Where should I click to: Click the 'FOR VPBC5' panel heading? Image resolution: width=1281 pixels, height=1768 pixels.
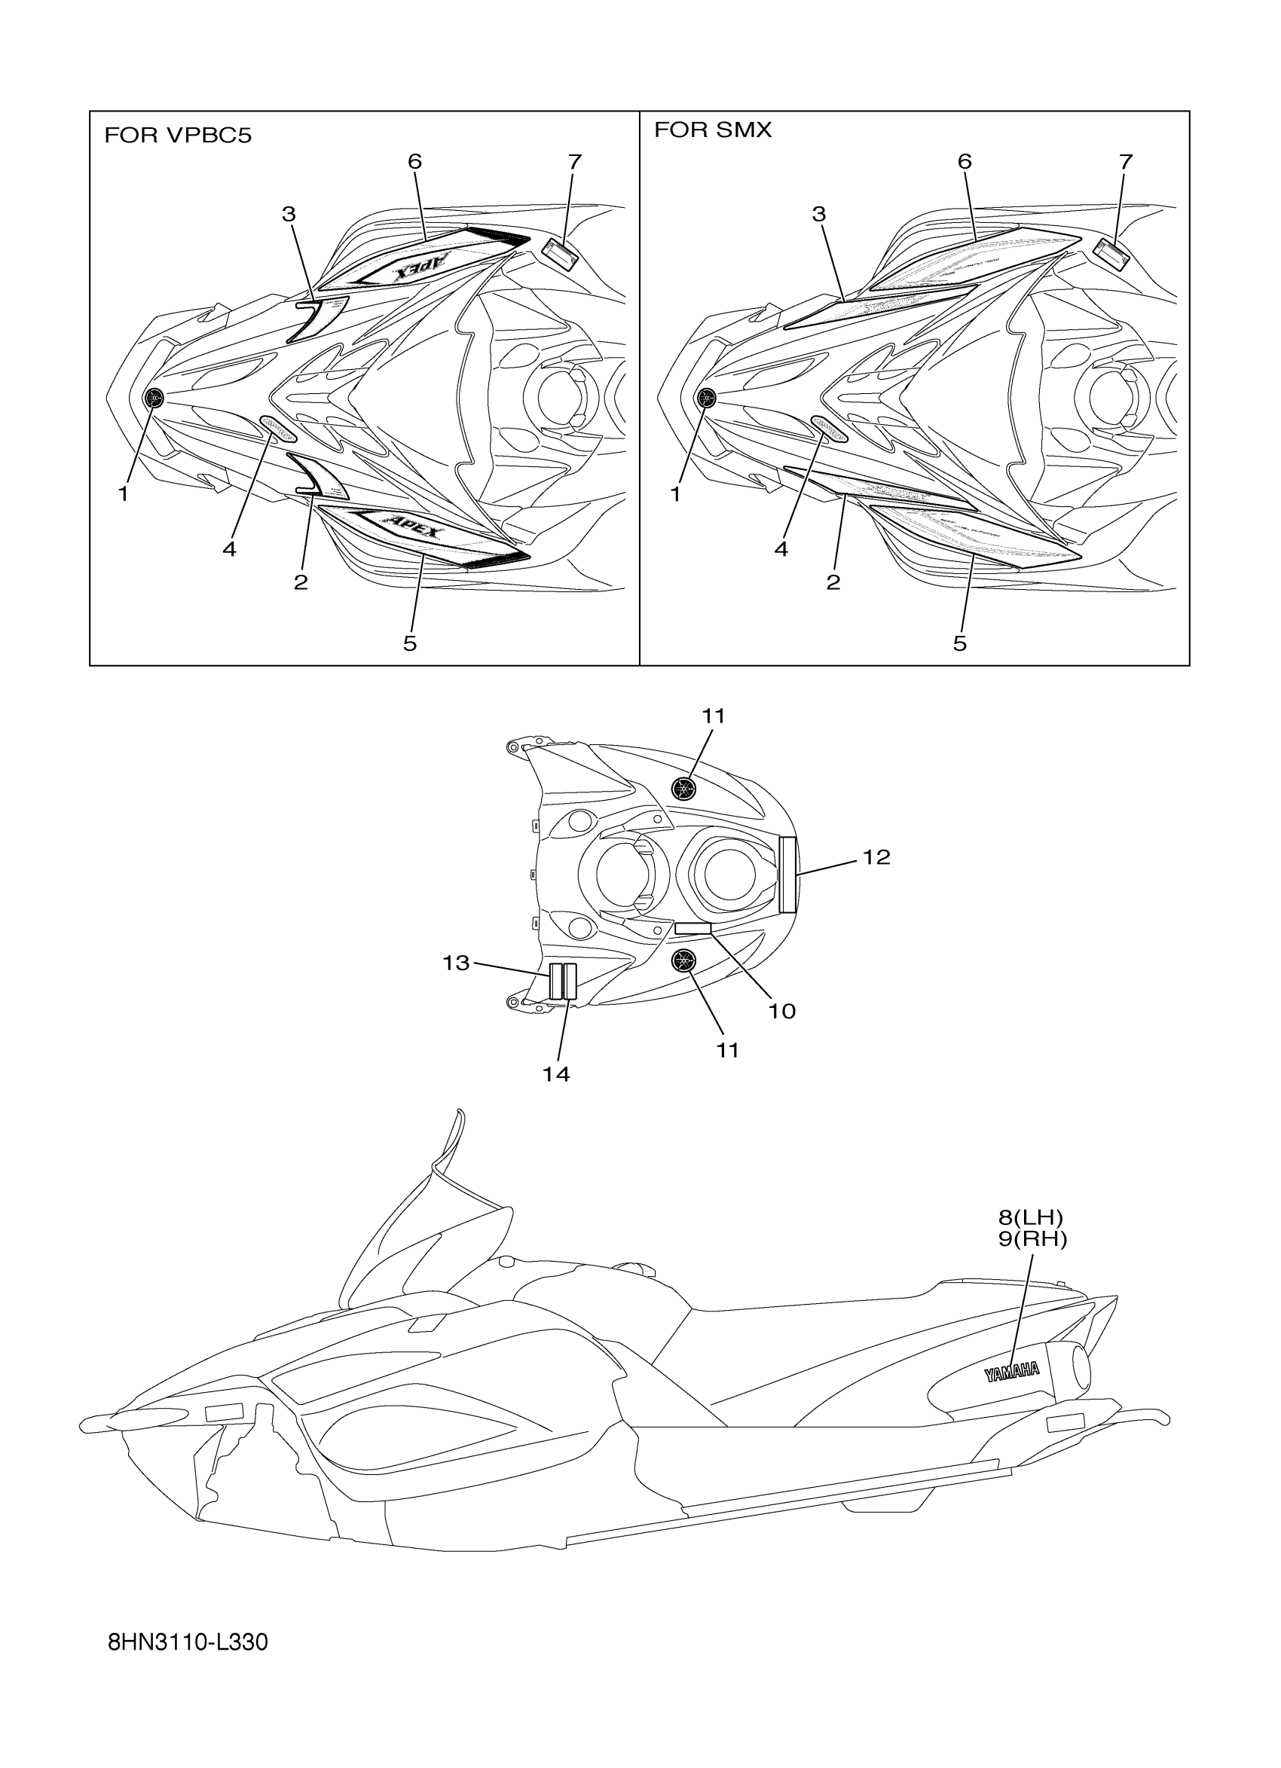point(178,136)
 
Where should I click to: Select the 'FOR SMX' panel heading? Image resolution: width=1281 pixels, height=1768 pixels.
point(713,130)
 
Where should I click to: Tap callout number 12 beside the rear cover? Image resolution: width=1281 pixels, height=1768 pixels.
point(876,857)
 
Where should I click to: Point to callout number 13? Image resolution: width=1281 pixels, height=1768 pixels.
point(456,963)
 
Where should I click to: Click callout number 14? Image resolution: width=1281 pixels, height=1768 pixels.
point(556,1074)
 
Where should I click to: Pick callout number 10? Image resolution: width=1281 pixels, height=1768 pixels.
point(782,1011)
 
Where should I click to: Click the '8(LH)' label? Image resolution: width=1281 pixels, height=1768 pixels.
point(1031,1217)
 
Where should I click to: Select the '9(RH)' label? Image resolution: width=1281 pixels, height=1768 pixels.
point(1032,1238)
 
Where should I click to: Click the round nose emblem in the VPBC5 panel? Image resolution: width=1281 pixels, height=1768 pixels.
point(154,398)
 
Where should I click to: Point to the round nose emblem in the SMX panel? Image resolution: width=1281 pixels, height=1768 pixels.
point(706,398)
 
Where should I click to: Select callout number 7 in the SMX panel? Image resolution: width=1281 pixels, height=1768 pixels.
point(1125,162)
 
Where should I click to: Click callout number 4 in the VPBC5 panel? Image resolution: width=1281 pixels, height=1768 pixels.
point(229,549)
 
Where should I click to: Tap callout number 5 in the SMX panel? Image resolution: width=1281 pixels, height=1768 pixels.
point(960,643)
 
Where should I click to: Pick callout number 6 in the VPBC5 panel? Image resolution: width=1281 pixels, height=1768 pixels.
point(414,161)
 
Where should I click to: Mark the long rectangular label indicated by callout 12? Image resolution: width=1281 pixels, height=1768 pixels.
point(787,874)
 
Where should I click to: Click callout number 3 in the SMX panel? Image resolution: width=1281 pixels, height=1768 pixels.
point(818,214)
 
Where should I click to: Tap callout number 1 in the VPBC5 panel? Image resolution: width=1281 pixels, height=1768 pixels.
point(123,493)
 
